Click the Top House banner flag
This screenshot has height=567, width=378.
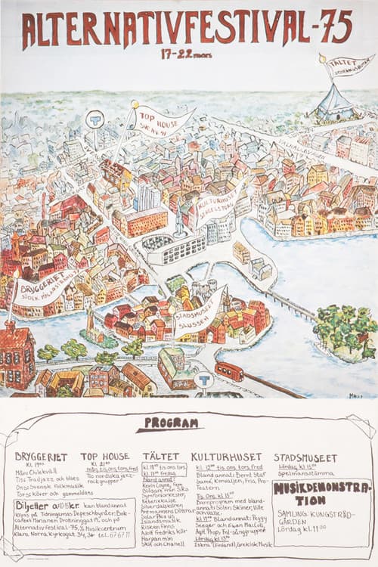[x=162, y=121]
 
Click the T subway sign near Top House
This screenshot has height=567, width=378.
[x=94, y=119]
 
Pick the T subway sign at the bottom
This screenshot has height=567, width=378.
[x=203, y=378]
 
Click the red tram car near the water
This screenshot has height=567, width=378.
[x=228, y=371]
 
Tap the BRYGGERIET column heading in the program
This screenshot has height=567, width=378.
[x=42, y=457]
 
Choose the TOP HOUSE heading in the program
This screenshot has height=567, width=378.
[x=105, y=457]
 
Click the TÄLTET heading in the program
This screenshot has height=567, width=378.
[x=160, y=457]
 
